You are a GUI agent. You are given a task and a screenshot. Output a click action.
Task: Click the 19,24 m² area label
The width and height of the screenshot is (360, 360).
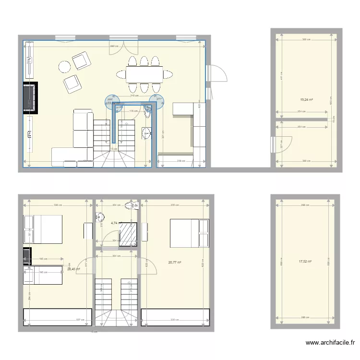pos(306,100)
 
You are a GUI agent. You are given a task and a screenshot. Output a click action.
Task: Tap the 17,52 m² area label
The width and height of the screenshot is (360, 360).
pos(305,262)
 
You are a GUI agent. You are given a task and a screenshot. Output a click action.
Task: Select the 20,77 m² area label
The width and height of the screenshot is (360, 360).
pos(175,262)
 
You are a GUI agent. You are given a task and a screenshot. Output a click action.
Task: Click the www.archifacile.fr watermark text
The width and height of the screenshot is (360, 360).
pos(331,343)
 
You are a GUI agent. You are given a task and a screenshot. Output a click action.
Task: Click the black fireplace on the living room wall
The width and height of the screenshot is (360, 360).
pos(30,98)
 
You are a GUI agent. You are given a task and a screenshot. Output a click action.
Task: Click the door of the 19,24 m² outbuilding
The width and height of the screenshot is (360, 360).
pos(283,145)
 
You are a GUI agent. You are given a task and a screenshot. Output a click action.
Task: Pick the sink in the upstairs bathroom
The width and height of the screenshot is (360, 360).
pos(99,216)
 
